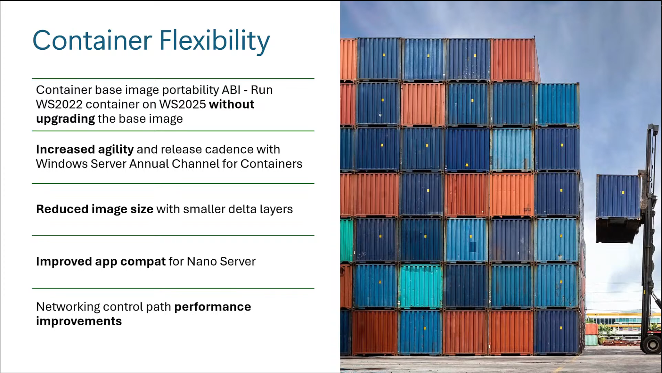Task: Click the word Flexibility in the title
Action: pos(214,40)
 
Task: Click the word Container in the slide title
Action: pos(92,40)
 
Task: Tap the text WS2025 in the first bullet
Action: pos(183,104)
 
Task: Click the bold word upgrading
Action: pos(65,119)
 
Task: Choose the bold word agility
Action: pos(116,149)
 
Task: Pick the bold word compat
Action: pos(143,261)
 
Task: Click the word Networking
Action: pos(68,307)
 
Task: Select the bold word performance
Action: pos(212,307)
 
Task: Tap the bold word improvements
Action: pos(79,321)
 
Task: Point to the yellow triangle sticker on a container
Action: pos(467,165)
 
